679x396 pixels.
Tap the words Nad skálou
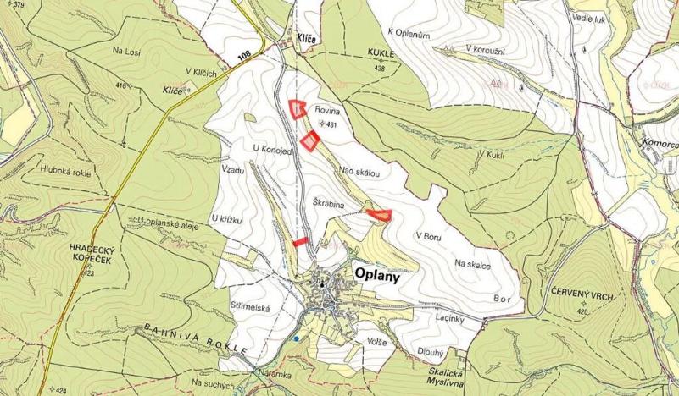[x=359, y=171]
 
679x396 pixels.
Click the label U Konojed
[x=272, y=149]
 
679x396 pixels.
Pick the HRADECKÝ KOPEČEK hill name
[x=86, y=257]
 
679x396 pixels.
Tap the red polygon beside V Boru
[x=380, y=213]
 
